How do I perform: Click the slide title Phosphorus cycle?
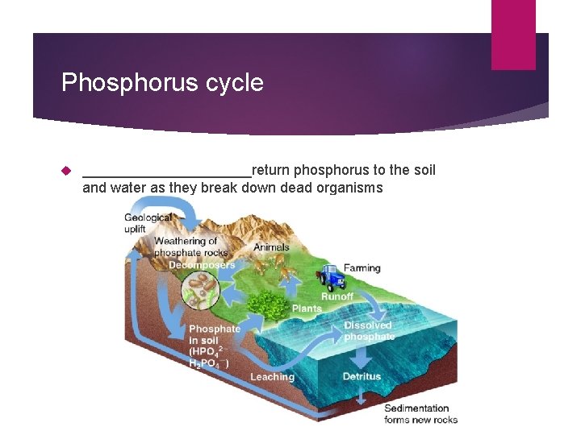[162, 83]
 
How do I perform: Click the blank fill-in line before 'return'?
[167, 172]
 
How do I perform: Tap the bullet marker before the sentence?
[67, 170]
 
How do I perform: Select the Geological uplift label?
[147, 223]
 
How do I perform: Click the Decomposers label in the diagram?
[202, 265]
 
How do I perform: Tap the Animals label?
[271, 247]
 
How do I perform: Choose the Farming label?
[362, 268]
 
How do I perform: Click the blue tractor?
[330, 278]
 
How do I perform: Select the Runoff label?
[337, 296]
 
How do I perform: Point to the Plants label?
[307, 309]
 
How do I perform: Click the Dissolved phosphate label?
[369, 331]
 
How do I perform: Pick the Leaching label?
[272, 377]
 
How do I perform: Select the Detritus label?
[362, 377]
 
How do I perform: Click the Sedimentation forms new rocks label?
[420, 414]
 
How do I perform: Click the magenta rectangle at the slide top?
[513, 35]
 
